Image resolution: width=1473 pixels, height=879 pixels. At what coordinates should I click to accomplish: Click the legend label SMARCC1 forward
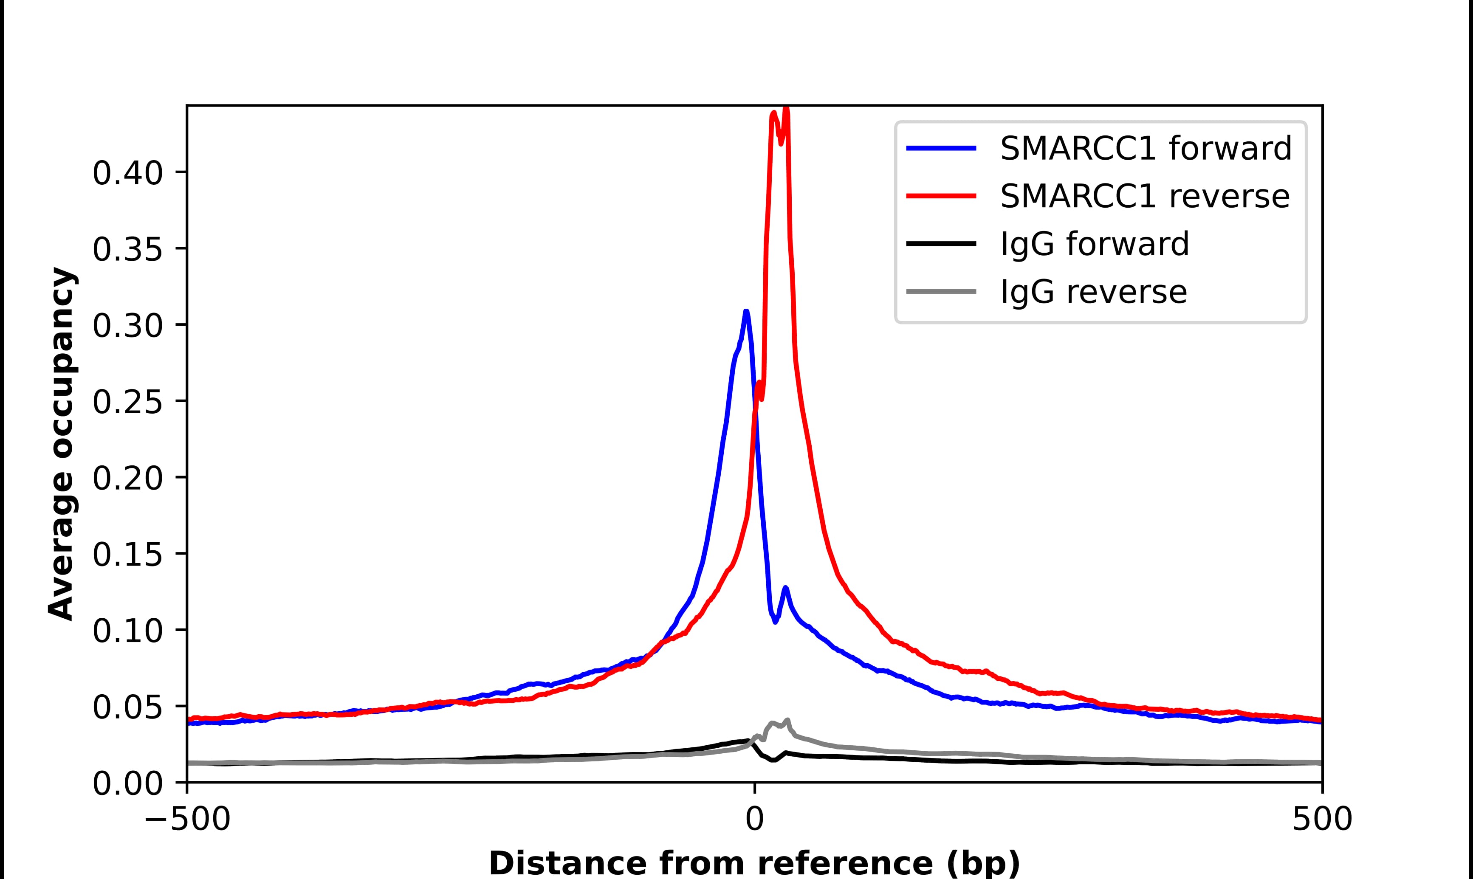[x=1146, y=148]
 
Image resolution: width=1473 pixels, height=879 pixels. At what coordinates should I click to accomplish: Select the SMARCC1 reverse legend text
[x=1144, y=196]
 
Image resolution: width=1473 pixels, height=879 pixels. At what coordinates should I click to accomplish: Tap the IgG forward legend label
[x=1095, y=243]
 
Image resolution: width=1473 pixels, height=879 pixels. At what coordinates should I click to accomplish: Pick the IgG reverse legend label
[x=1093, y=291]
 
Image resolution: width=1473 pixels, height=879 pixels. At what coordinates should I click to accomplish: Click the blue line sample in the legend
[x=941, y=148]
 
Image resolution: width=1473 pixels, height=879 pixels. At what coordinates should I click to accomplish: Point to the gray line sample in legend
[x=941, y=291]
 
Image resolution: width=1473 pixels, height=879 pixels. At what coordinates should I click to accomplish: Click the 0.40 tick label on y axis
[x=127, y=174]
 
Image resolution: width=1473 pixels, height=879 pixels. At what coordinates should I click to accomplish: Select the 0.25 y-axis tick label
[x=127, y=402]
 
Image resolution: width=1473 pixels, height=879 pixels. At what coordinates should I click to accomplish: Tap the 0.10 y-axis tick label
[x=127, y=631]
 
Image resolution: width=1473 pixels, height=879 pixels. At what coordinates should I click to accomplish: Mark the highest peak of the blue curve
[x=746, y=312]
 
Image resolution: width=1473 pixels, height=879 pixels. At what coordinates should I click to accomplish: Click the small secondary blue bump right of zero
[x=785, y=588]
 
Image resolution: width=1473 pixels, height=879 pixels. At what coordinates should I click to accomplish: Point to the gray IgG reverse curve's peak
[x=787, y=720]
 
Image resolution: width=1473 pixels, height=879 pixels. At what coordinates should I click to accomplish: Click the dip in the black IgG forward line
[x=773, y=760]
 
